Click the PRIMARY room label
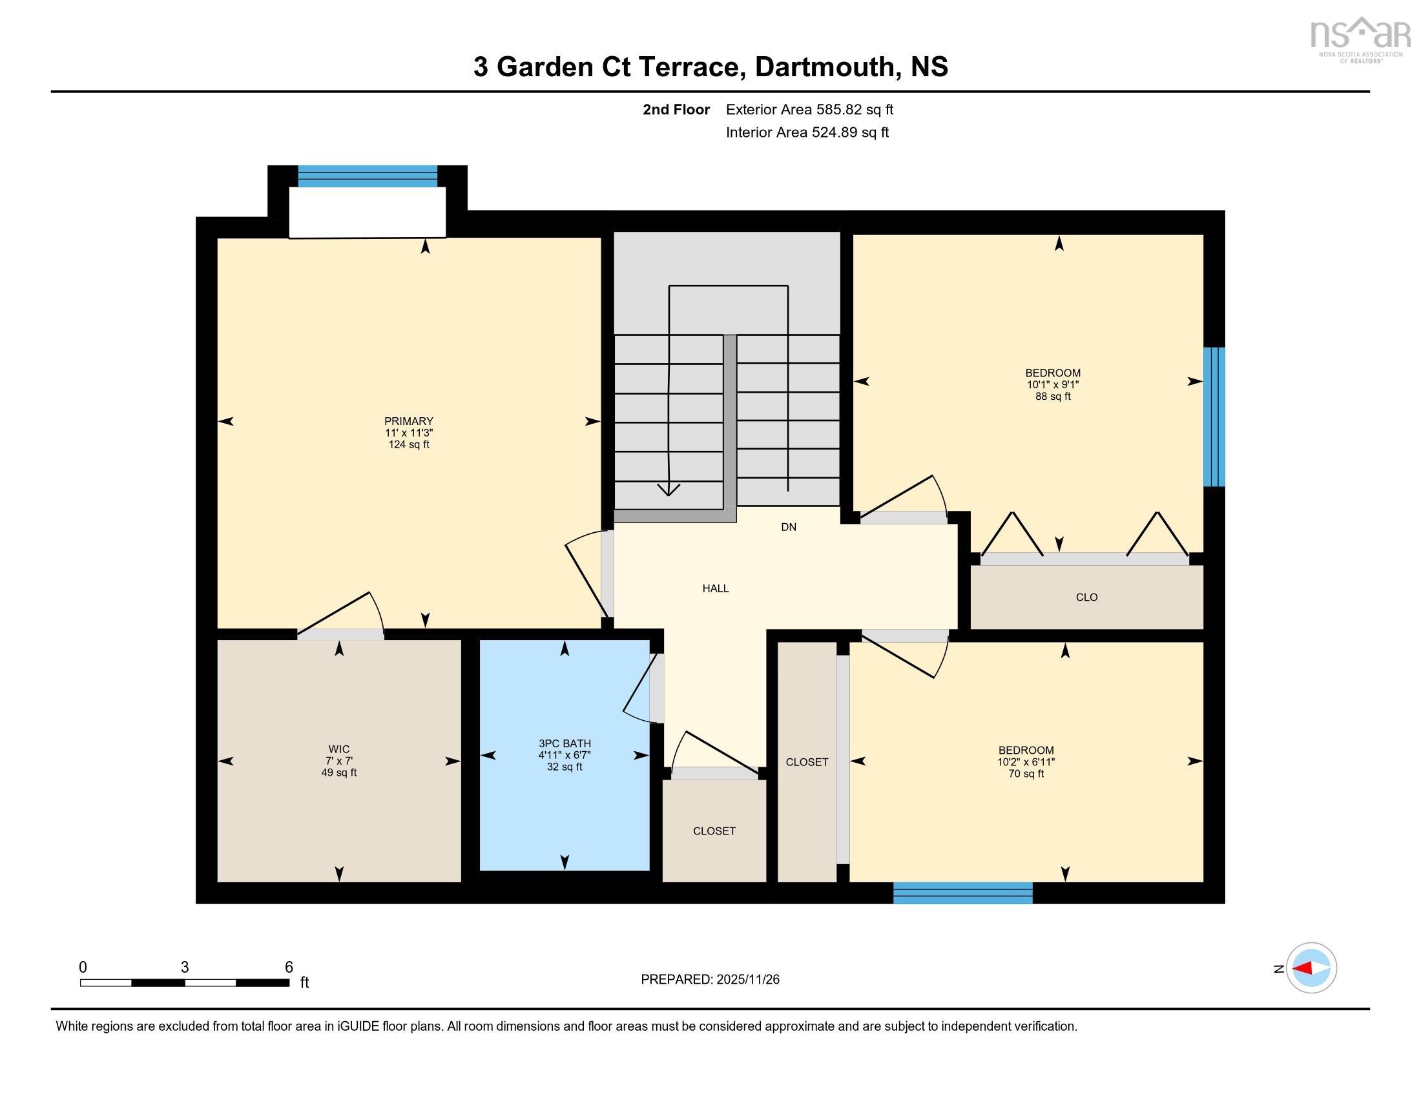tap(409, 421)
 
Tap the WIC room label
tap(338, 749)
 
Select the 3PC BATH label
tap(564, 743)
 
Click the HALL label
tap(715, 588)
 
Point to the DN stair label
tap(789, 527)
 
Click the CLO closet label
tap(1086, 597)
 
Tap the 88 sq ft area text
tap(1053, 396)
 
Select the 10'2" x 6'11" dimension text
tap(1026, 761)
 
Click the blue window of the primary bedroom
tap(368, 176)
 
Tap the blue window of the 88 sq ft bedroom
tap(1214, 417)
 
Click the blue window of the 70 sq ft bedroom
tap(962, 893)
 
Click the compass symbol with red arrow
tap(1311, 968)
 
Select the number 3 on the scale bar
tap(185, 968)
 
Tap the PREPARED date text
tap(710, 979)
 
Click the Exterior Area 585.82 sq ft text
tap(809, 109)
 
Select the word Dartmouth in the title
tap(824, 67)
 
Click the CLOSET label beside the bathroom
tap(714, 831)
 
